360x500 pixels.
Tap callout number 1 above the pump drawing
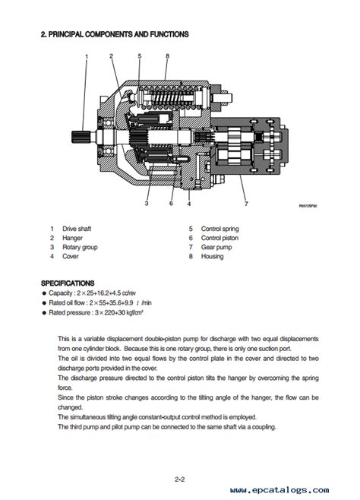click(x=87, y=56)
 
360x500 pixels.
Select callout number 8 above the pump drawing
click(x=167, y=56)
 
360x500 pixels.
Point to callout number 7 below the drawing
click(x=246, y=204)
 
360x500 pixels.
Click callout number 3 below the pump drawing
click(x=147, y=204)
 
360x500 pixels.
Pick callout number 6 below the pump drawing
click(x=171, y=204)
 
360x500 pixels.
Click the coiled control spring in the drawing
click(x=168, y=98)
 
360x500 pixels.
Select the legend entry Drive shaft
click(x=77, y=229)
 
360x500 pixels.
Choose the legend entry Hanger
click(x=72, y=238)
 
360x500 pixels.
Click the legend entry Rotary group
click(x=80, y=247)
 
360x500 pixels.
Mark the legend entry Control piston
click(x=219, y=238)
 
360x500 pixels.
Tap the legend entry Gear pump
click(x=216, y=247)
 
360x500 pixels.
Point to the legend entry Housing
click(x=212, y=256)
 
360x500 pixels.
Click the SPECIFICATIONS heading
click(x=68, y=283)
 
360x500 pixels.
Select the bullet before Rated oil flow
click(x=44, y=303)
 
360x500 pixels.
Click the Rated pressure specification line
click(x=96, y=312)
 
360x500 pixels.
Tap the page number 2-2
click(x=180, y=479)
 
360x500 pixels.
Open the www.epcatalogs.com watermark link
click(x=279, y=490)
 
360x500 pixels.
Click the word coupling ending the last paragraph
click(x=264, y=427)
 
